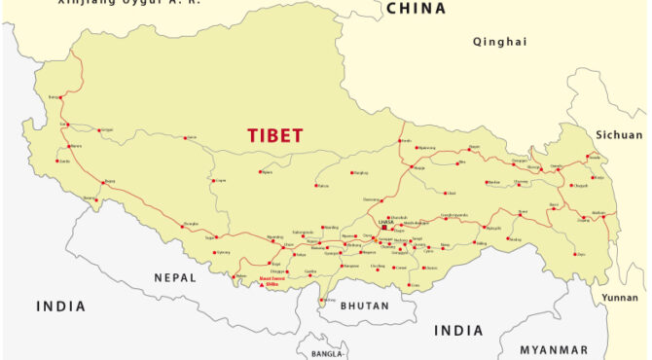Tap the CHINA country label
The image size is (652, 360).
coord(416,9)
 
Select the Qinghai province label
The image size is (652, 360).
coord(499,42)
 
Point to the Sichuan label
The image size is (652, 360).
coord(619,135)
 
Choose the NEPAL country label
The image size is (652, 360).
coord(175,277)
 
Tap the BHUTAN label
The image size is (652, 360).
coord(365,306)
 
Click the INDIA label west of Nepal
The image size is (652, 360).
coord(61,306)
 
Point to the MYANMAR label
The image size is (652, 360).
coord(554,349)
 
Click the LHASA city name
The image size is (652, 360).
coord(386,222)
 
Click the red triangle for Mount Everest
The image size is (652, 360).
coord(260,286)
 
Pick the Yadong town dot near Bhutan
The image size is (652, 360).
coord(322,299)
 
